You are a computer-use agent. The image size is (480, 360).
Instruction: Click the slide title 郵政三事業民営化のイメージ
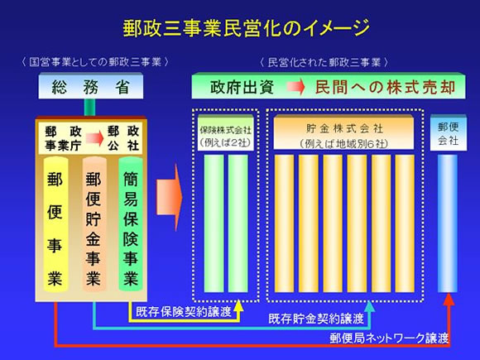tap(240, 30)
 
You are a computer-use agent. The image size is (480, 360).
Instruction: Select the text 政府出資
tap(241, 86)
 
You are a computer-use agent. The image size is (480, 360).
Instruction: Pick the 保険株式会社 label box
tap(226, 135)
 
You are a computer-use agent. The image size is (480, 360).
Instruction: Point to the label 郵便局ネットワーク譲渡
tap(387, 338)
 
